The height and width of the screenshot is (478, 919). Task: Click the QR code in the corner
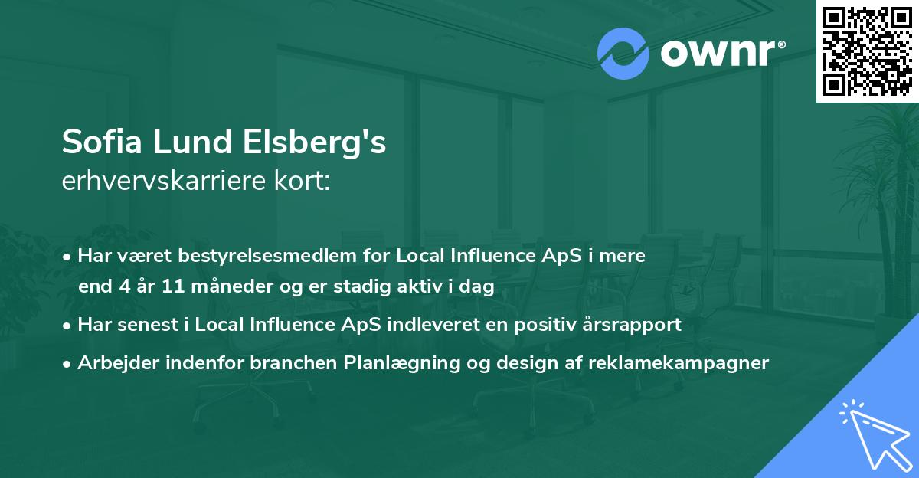point(867,51)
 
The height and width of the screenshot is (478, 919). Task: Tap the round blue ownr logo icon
point(623,54)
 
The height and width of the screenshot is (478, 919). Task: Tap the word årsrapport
point(629,324)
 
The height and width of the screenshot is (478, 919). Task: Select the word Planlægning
point(401,362)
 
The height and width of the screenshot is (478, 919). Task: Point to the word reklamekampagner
point(679,362)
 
